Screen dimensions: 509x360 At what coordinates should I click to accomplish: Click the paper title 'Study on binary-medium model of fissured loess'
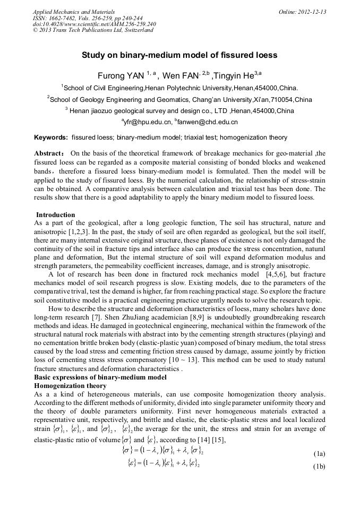click(x=179, y=55)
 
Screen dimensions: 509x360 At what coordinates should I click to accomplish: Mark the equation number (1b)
click(x=319, y=468)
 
